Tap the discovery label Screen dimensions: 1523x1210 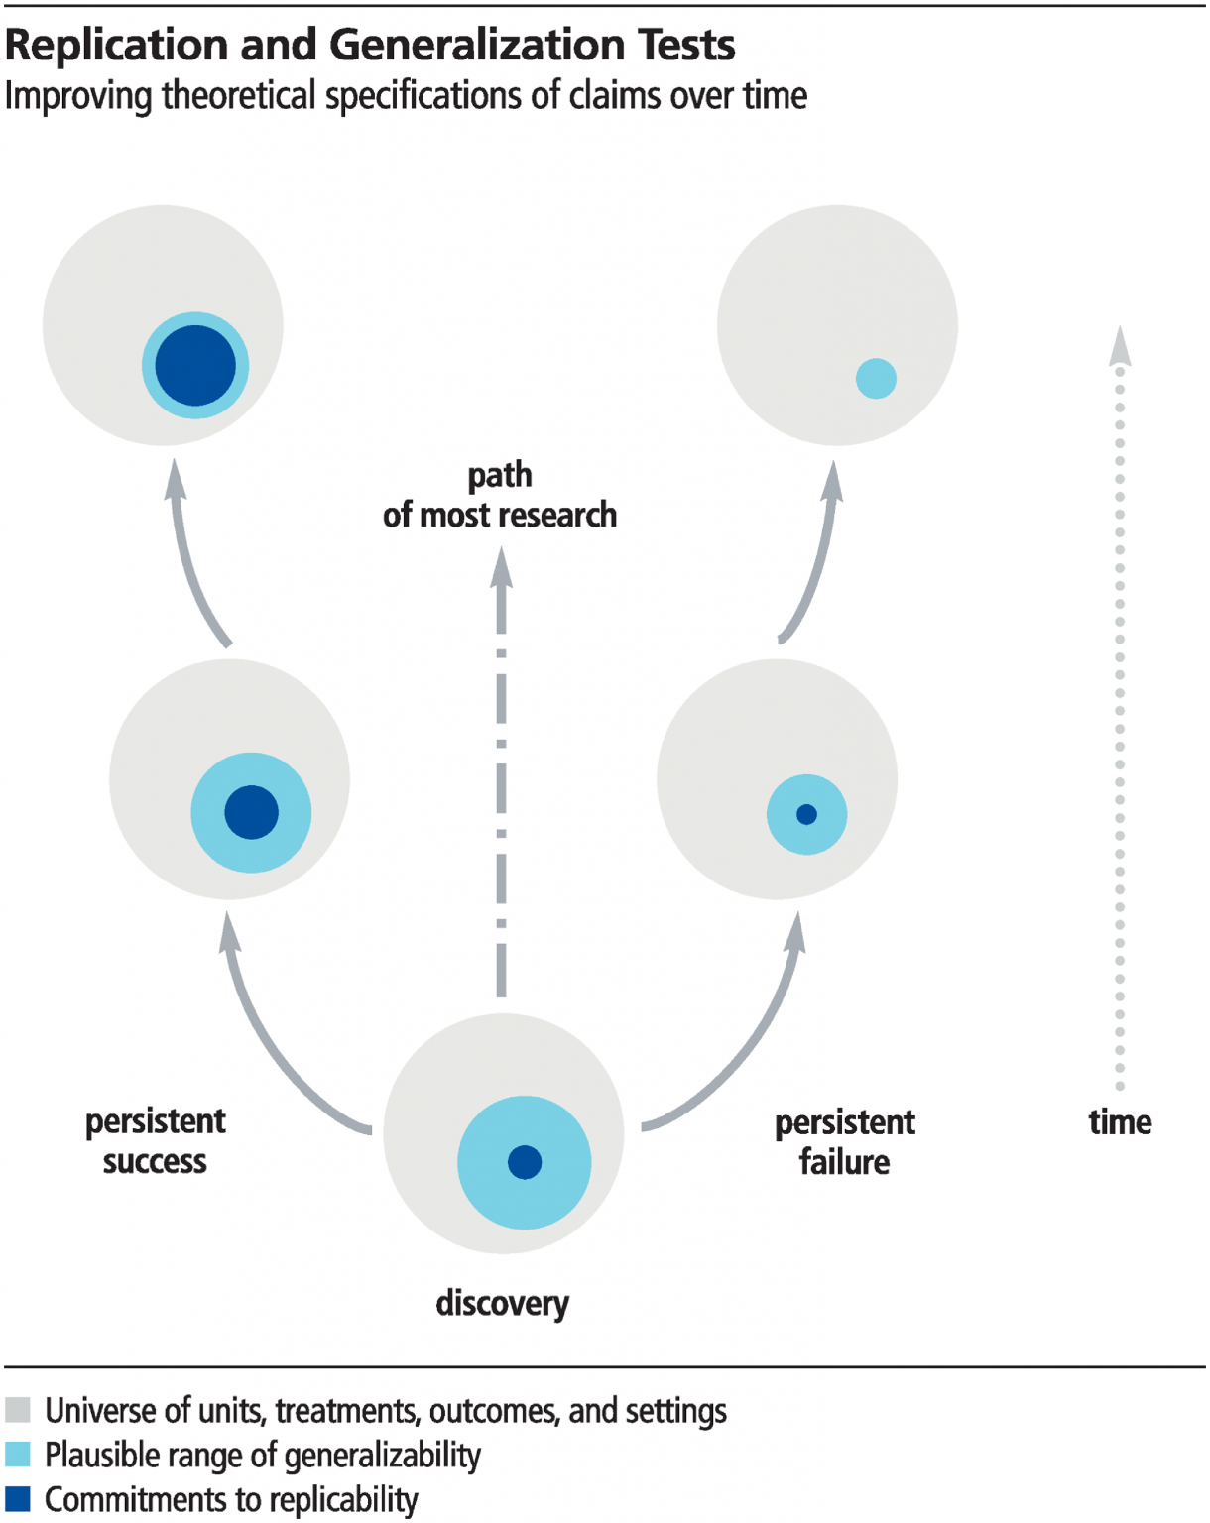pyautogui.click(x=502, y=1302)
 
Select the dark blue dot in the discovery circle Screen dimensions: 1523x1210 pyautogui.click(x=525, y=1161)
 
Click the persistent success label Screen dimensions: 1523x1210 pyautogui.click(x=155, y=1140)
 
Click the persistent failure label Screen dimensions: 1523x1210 pyautogui.click(x=844, y=1141)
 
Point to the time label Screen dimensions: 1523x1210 pyautogui.click(x=1120, y=1121)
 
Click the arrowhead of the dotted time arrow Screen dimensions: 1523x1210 pyautogui.click(x=1120, y=346)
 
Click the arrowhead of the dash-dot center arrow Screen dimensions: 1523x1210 pyautogui.click(x=502, y=567)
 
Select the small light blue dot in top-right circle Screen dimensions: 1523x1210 pyautogui.click(x=876, y=378)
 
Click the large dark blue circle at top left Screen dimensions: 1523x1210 pyautogui.click(x=195, y=366)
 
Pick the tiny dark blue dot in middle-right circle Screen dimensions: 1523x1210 pyautogui.click(x=806, y=814)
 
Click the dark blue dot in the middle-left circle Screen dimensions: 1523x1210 pyautogui.click(x=251, y=812)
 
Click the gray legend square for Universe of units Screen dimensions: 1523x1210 pyautogui.click(x=18, y=1409)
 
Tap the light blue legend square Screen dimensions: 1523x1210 pyautogui.click(x=18, y=1454)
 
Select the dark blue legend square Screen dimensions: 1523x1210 pyautogui.click(x=18, y=1498)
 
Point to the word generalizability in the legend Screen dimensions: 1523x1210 pyautogui.click(x=381, y=1455)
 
